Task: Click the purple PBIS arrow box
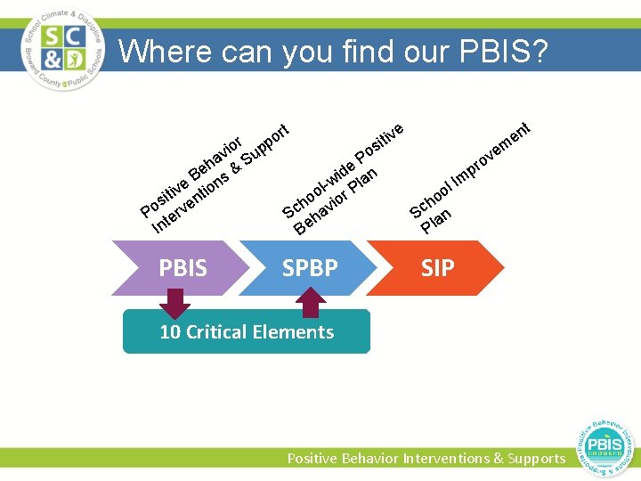point(183,267)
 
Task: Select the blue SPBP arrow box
point(310,267)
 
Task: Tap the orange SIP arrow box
point(438,267)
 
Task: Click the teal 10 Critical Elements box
point(246,332)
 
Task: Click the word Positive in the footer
point(314,458)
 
